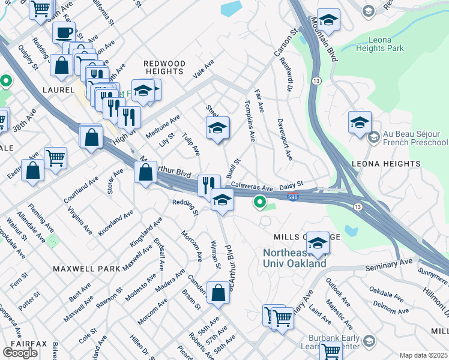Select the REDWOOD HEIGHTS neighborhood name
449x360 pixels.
(164, 67)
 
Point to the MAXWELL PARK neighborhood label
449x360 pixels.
(86, 269)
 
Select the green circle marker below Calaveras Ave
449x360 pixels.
(259, 203)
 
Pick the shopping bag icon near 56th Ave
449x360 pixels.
(218, 293)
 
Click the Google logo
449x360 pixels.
(20, 352)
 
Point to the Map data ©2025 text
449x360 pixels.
(423, 355)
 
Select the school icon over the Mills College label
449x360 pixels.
(318, 243)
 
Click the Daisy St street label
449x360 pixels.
(292, 185)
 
